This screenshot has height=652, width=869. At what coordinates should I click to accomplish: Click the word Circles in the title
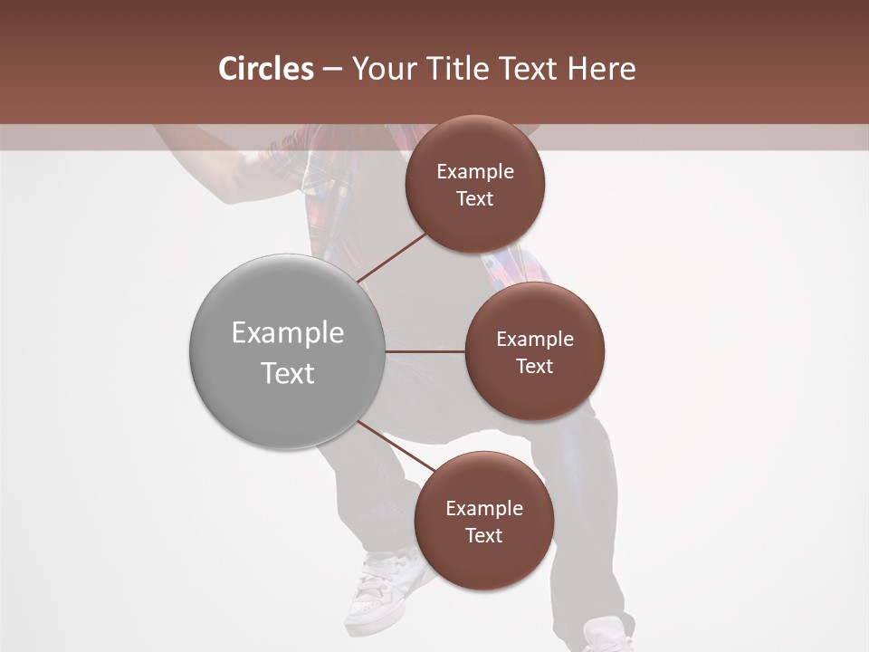pyautogui.click(x=266, y=69)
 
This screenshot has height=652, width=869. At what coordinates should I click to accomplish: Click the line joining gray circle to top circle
pyautogui.click(x=394, y=257)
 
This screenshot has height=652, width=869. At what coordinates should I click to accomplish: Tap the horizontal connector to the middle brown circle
pyautogui.click(x=425, y=351)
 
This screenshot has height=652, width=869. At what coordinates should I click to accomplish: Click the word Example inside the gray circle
pyautogui.click(x=288, y=333)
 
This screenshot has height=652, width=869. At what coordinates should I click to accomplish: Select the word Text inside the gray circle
pyautogui.click(x=288, y=373)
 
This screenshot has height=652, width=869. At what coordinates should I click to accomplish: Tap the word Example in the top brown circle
pyautogui.click(x=475, y=172)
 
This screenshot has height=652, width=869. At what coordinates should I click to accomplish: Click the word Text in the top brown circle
pyautogui.click(x=475, y=199)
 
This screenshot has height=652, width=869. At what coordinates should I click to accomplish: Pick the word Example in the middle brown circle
pyautogui.click(x=535, y=340)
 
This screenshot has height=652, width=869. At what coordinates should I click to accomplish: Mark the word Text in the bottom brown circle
pyautogui.click(x=484, y=535)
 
